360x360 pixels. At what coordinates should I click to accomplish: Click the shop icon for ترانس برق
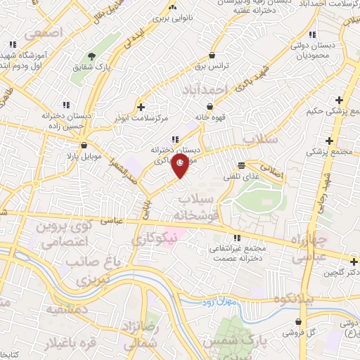point(211,55)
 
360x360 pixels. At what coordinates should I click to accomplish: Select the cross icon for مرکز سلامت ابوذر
point(142,107)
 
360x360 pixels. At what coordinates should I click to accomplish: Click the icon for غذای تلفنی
point(241,166)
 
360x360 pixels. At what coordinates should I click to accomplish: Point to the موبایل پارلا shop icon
point(84,146)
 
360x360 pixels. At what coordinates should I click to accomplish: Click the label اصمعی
point(43,32)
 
